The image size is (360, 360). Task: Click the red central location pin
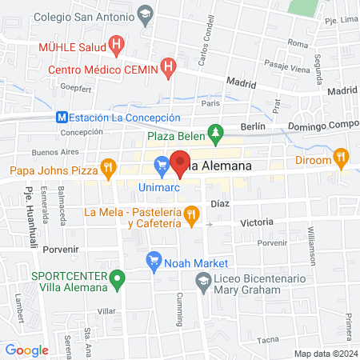[x=181, y=163]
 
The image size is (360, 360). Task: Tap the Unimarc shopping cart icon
[x=162, y=166]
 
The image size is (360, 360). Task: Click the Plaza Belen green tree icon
[x=214, y=131]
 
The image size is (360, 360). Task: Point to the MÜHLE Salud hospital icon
[x=118, y=46]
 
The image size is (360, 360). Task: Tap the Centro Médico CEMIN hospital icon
[x=168, y=69]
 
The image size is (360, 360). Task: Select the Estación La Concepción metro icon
[x=62, y=117]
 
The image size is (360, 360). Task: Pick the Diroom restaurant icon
[x=342, y=158]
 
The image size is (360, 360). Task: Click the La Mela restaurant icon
[x=190, y=214]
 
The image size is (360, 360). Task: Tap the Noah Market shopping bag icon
[x=154, y=262]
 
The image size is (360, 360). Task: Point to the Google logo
[x=26, y=350]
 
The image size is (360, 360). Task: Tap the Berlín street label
[x=252, y=126]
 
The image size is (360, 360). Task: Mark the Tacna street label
[x=267, y=340]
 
